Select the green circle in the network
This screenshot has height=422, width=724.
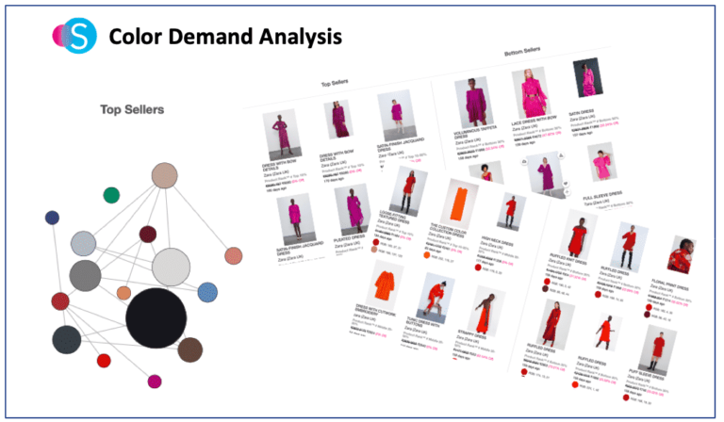(x=111, y=195)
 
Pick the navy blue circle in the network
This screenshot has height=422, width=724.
(x=52, y=218)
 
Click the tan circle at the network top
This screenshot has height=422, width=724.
(x=165, y=175)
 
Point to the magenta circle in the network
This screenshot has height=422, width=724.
(x=154, y=381)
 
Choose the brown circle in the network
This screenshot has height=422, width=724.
(x=189, y=349)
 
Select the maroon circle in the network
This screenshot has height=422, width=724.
(x=148, y=234)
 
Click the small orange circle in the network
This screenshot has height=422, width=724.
(x=123, y=293)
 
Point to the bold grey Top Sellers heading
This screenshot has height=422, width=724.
(x=132, y=110)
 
